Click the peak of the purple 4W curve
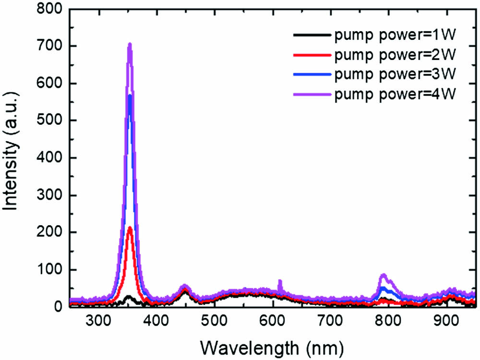point(130,45)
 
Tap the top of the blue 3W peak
point(130,96)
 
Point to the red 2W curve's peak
point(130,228)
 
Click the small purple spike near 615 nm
point(280,281)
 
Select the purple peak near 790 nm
point(383,275)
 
